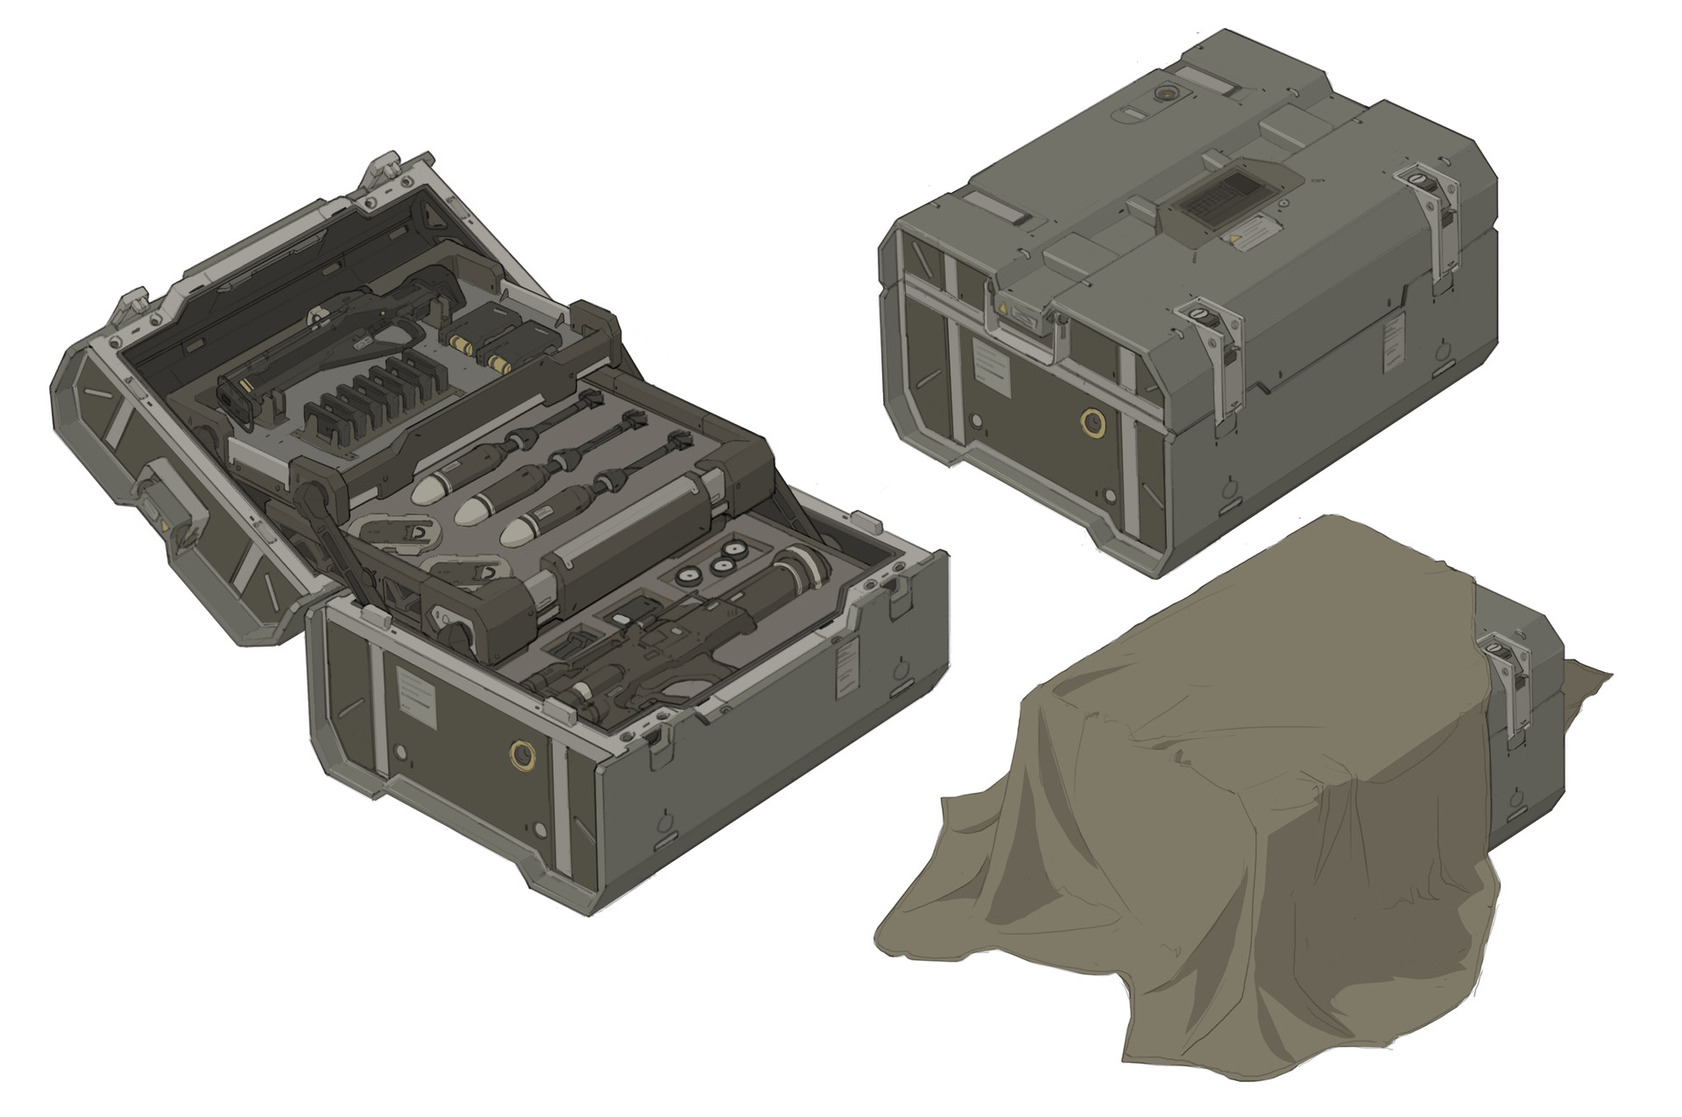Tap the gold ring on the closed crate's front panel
pyautogui.click(x=1092, y=424)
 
